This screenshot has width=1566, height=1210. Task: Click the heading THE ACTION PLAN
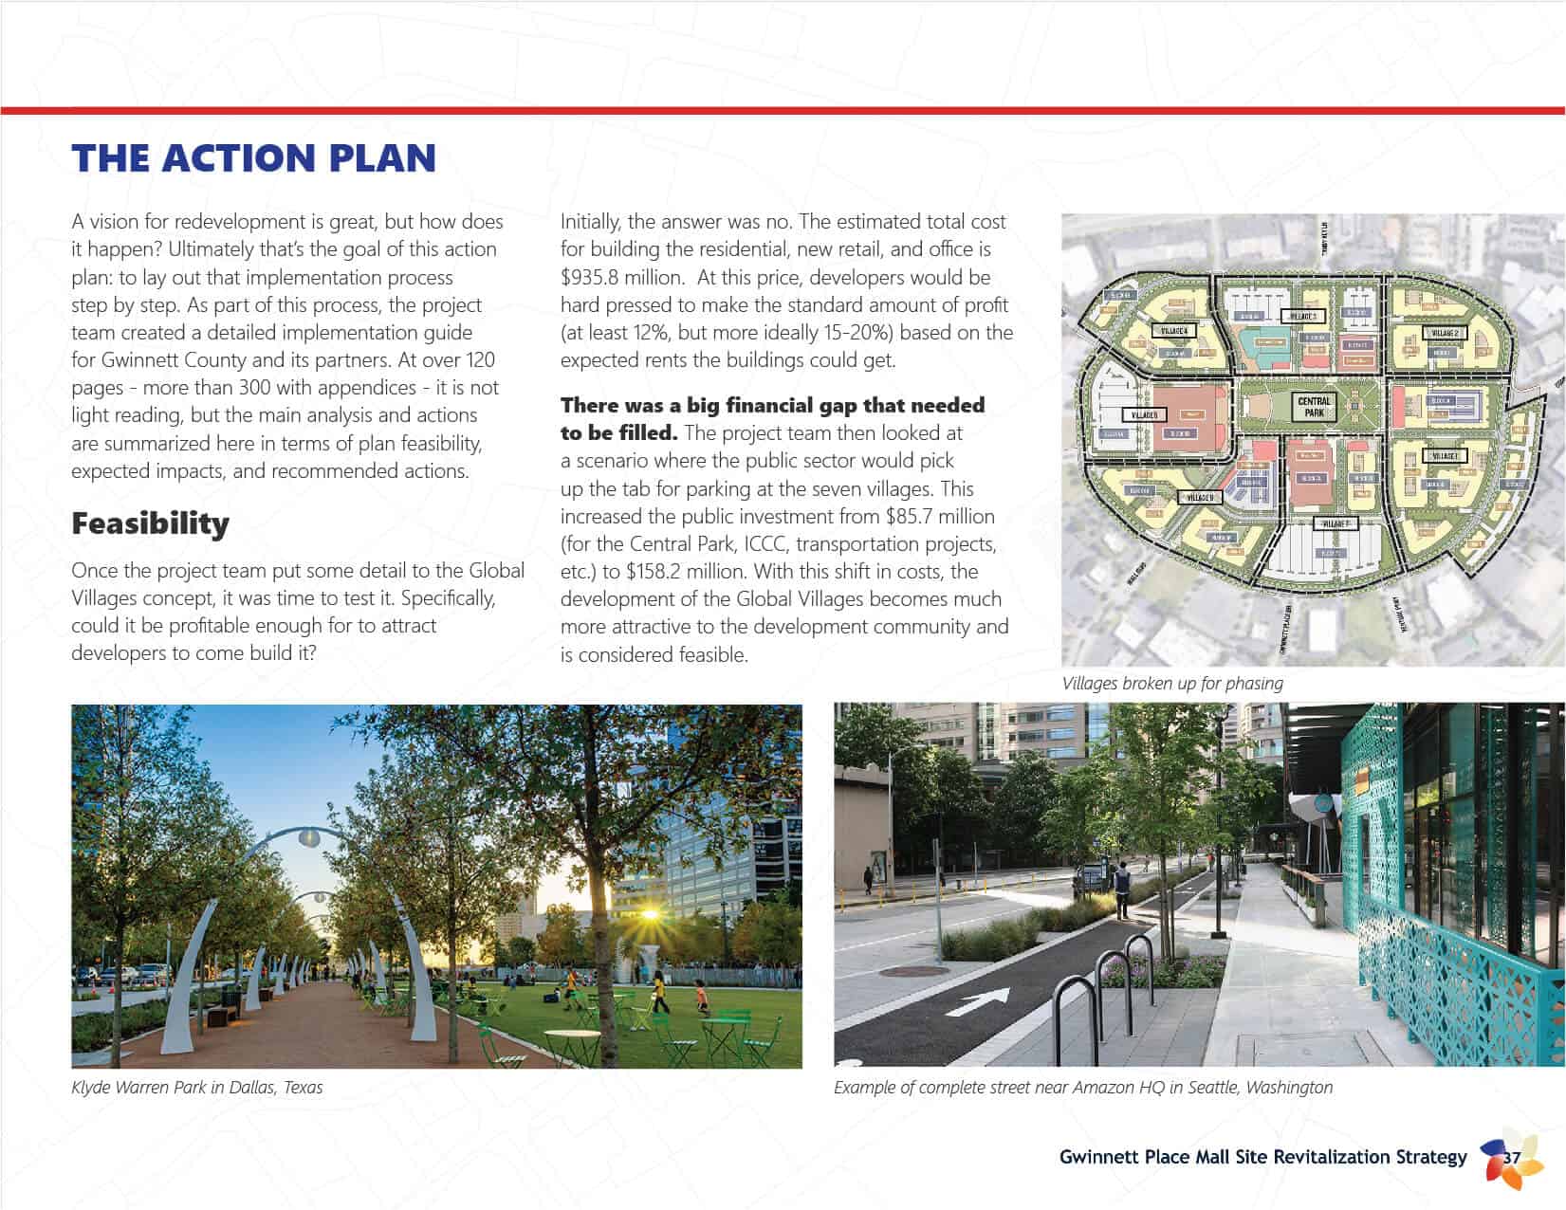click(253, 158)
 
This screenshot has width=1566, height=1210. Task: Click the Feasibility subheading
click(150, 523)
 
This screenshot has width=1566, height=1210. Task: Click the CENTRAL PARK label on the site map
click(1314, 407)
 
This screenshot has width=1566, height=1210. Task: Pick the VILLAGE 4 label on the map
click(1173, 331)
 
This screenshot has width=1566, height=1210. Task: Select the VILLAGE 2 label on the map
click(1445, 333)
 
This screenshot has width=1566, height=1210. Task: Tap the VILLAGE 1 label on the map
click(1444, 456)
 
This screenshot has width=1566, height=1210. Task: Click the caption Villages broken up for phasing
click(1172, 684)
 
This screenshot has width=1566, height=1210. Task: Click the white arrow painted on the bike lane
click(978, 1000)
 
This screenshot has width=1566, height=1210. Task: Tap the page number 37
click(1512, 1158)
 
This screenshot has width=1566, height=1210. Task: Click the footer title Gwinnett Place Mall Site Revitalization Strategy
click(1262, 1158)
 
